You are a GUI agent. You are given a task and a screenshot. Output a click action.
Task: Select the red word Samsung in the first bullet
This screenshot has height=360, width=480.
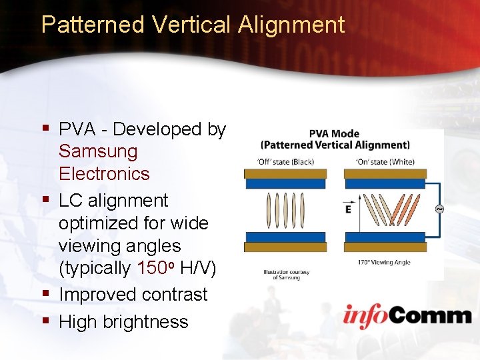[98, 151]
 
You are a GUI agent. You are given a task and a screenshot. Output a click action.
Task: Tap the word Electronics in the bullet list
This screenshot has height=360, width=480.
[104, 174]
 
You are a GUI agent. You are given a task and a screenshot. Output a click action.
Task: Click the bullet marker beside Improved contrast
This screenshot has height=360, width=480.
[46, 294]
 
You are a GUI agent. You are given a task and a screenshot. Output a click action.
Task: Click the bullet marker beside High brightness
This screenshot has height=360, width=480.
[46, 321]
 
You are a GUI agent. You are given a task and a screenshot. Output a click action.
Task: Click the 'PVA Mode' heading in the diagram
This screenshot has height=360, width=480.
[335, 133]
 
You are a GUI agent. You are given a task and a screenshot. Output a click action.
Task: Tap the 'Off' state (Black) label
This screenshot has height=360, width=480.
[285, 161]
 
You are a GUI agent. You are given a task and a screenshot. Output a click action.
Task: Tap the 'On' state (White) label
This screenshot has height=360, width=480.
[385, 161]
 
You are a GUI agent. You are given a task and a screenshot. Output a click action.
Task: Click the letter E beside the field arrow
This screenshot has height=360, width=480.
[348, 209]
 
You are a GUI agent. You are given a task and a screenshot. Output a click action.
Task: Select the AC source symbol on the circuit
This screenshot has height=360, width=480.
[439, 209]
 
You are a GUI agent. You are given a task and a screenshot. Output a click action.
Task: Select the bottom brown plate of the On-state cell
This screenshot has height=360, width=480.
[384, 247]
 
